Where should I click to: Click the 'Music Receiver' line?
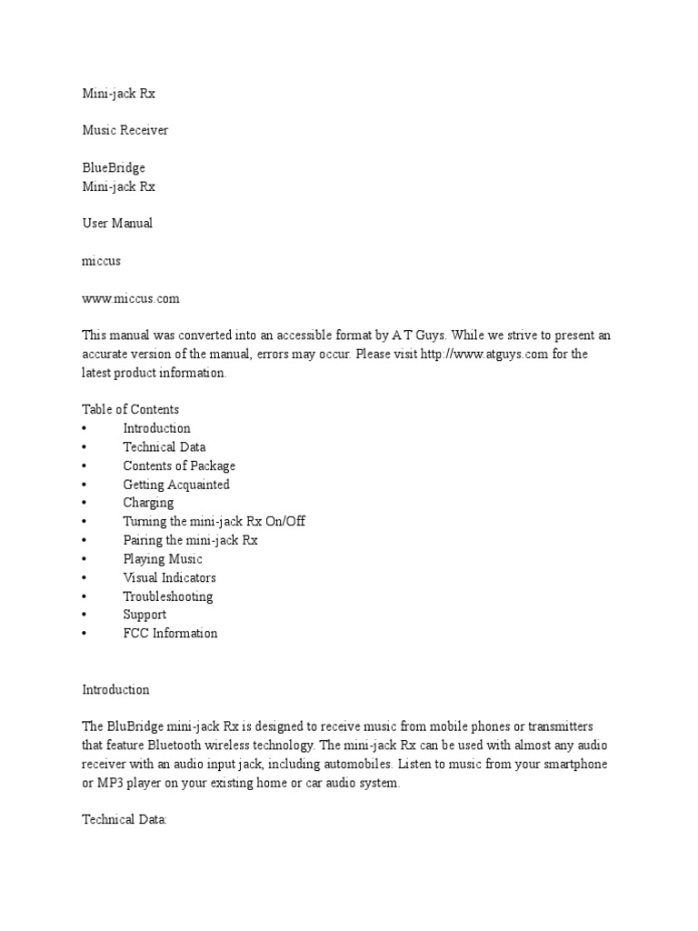(125, 130)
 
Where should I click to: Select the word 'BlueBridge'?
(114, 168)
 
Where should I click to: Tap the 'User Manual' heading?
(117, 224)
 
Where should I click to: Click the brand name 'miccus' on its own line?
(102, 261)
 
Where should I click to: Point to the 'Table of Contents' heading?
(131, 409)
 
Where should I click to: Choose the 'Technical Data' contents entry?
(165, 447)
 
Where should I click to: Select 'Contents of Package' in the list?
(179, 465)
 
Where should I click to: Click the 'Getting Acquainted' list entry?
(176, 485)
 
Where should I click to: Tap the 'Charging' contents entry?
(148, 503)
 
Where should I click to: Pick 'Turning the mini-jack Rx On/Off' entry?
(221, 522)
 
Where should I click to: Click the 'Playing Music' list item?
(163, 559)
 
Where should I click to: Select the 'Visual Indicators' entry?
(170, 577)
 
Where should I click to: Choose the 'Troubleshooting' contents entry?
(168, 596)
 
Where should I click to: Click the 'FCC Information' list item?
(171, 634)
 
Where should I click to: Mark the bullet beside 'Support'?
(84, 615)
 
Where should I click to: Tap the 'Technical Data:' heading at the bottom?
(125, 820)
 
